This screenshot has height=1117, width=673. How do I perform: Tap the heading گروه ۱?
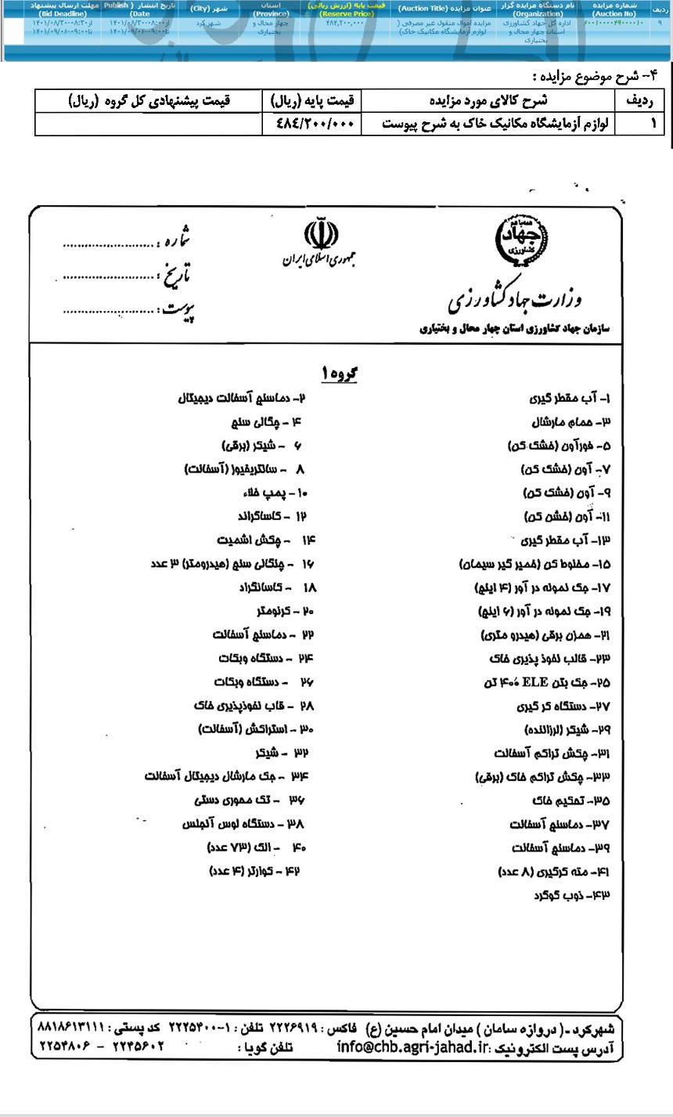(338, 374)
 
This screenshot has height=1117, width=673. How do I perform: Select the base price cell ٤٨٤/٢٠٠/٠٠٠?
(312, 124)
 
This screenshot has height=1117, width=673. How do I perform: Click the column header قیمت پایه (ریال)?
(312, 100)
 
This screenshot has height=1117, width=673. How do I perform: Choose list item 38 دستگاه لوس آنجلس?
(243, 823)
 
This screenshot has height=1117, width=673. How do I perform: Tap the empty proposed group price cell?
(149, 124)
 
